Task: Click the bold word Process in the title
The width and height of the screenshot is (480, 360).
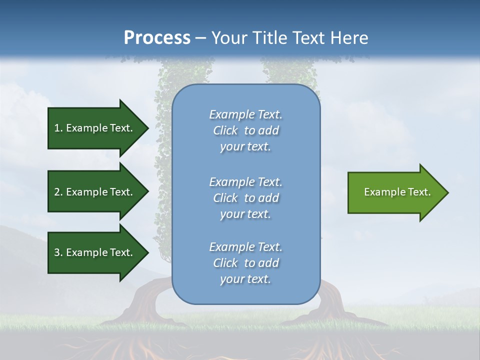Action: pyautogui.click(x=157, y=38)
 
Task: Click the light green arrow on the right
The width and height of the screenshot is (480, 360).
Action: pyautogui.click(x=395, y=192)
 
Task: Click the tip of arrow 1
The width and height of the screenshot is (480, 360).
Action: pyautogui.click(x=147, y=128)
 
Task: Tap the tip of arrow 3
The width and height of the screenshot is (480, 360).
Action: pyautogui.click(x=147, y=252)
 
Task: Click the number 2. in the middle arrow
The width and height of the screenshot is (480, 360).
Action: pyautogui.click(x=58, y=192)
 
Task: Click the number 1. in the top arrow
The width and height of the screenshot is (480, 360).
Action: pyautogui.click(x=58, y=128)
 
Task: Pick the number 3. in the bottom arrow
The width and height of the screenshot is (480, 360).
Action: pyautogui.click(x=58, y=252)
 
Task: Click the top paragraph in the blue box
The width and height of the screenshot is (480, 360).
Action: pyautogui.click(x=245, y=130)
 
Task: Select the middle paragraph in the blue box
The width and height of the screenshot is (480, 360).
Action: pyautogui.click(x=245, y=198)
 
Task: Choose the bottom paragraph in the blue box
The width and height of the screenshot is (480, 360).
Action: pyautogui.click(x=245, y=263)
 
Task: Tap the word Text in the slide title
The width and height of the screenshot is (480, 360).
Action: pyautogui.click(x=307, y=38)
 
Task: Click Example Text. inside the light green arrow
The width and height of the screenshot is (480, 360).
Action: pyautogui.click(x=397, y=192)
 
